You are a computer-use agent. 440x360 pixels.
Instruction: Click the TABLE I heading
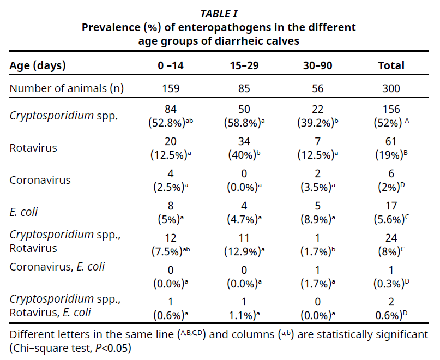point(219,14)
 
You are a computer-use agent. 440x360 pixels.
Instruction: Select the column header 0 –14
point(171,66)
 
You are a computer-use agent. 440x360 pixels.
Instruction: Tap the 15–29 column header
point(244,66)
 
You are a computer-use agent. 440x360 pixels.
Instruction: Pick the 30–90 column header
point(317,66)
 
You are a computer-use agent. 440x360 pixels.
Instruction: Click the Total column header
point(391,66)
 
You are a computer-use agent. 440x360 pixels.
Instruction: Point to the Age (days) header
point(38,66)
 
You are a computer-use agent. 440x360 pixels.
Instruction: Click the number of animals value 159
point(171,88)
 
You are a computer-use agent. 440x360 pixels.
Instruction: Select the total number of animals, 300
point(391,88)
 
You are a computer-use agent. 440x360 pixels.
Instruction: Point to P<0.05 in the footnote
point(113,347)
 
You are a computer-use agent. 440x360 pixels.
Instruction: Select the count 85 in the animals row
point(244,88)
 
